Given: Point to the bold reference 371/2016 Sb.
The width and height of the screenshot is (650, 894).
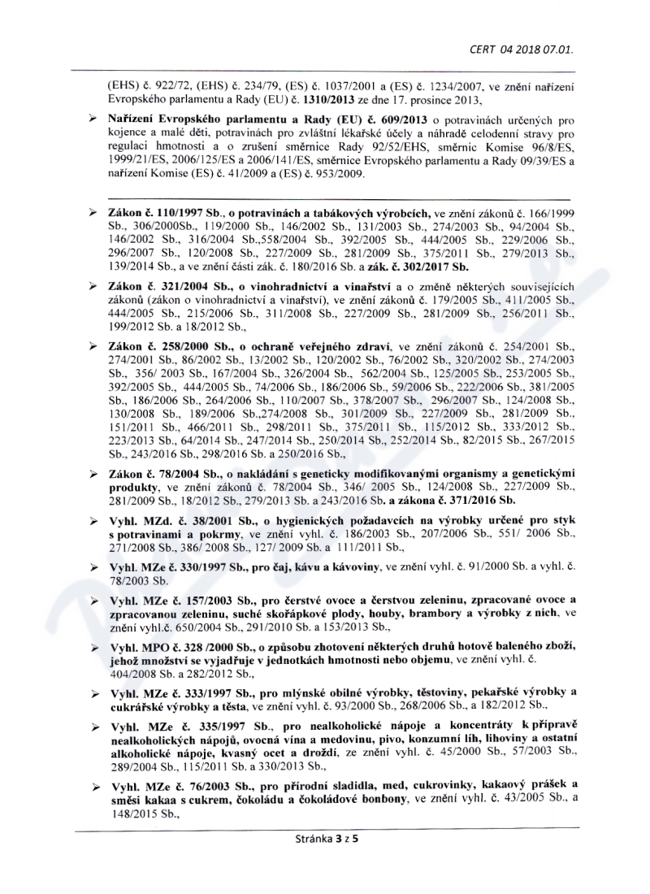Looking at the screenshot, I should (472, 499).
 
